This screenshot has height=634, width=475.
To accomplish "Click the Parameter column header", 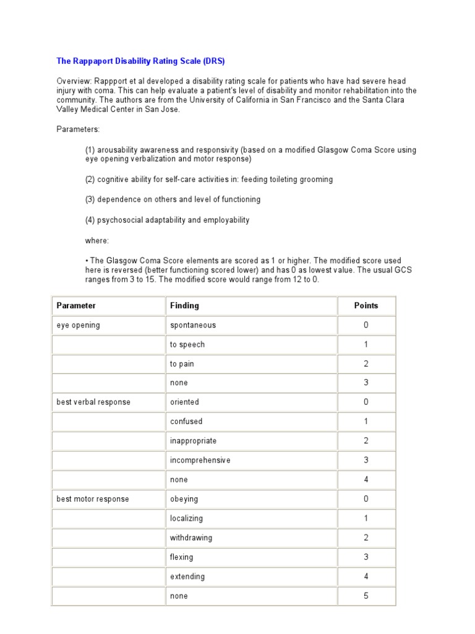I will point(76,306).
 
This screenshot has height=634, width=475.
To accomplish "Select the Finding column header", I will point(184,306).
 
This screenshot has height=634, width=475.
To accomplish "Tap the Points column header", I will point(366,306).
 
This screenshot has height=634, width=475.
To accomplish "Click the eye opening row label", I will point(78,326).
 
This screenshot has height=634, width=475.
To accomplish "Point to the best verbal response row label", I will point(93,402).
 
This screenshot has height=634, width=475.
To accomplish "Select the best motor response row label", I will point(93,499).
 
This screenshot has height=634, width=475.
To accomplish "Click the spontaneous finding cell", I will point(193,326).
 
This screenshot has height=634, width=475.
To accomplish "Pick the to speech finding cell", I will point(187,345).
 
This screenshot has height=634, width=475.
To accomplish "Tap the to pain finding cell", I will point(182,364).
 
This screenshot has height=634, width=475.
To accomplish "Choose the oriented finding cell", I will point(184,402).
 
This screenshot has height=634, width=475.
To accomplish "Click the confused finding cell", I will point(186,422).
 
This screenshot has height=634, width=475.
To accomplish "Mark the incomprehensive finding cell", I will point(200,461).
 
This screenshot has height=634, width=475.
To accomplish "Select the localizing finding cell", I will point(186,519).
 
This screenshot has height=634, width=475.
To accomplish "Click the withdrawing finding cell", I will point(191,538).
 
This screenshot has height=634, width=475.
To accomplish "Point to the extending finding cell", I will point(187,577).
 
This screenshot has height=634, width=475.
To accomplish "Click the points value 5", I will point(366,596).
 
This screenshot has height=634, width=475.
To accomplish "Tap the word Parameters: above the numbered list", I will point(78,129).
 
